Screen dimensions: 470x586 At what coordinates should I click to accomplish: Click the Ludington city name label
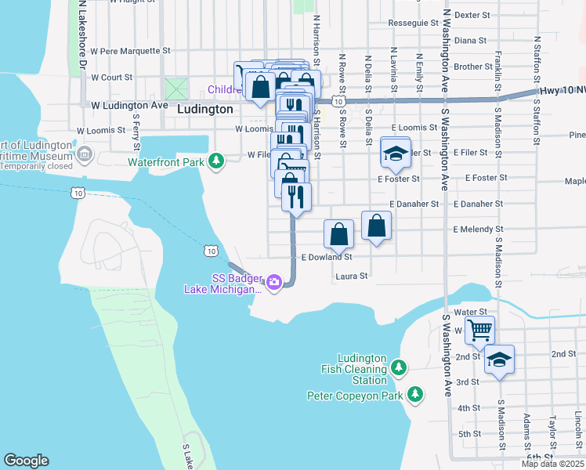point(205,110)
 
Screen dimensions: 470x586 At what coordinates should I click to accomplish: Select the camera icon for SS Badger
point(273,281)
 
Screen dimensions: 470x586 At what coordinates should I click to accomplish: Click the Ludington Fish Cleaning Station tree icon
point(399,367)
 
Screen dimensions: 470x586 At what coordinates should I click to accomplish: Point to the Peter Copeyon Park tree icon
point(415,395)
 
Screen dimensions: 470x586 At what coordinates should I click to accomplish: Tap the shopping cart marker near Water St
point(479,330)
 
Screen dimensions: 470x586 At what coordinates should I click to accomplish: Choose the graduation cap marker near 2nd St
point(499,360)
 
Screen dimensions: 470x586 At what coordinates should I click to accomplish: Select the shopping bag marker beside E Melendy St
point(377,226)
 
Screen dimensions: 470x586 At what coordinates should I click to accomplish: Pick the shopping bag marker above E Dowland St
point(338,233)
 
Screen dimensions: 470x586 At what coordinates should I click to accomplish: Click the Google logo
point(26,461)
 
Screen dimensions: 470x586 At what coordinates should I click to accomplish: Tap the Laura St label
point(352,277)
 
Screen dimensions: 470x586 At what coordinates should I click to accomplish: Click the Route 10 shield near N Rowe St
point(337,102)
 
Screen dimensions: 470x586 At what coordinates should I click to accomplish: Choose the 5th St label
point(468,434)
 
